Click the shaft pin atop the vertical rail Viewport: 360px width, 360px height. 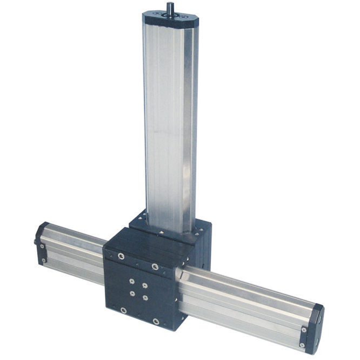[x=170, y=7]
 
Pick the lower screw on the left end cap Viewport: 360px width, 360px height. [x=43, y=261]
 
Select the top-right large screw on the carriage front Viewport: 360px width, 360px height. [x=155, y=266]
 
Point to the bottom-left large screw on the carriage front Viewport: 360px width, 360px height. [x=124, y=310]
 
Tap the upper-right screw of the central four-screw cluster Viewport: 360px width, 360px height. [x=145, y=285]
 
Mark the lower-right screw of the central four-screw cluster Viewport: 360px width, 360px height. [x=145, y=298]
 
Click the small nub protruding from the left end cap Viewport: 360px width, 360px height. [x=36, y=242]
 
